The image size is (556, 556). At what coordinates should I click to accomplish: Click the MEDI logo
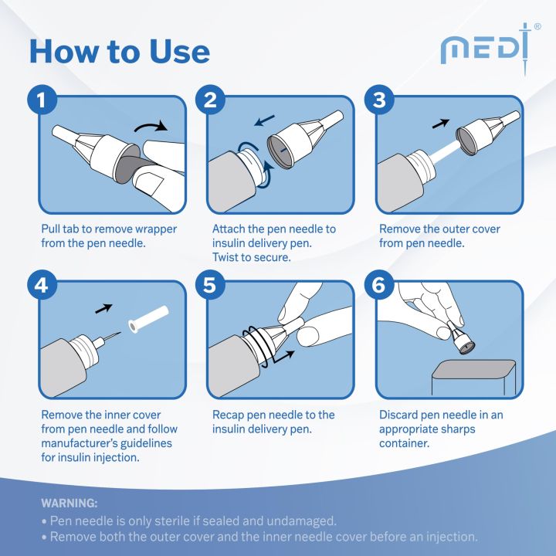coord(488,48)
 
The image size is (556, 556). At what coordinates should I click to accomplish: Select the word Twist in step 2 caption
coord(229,257)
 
